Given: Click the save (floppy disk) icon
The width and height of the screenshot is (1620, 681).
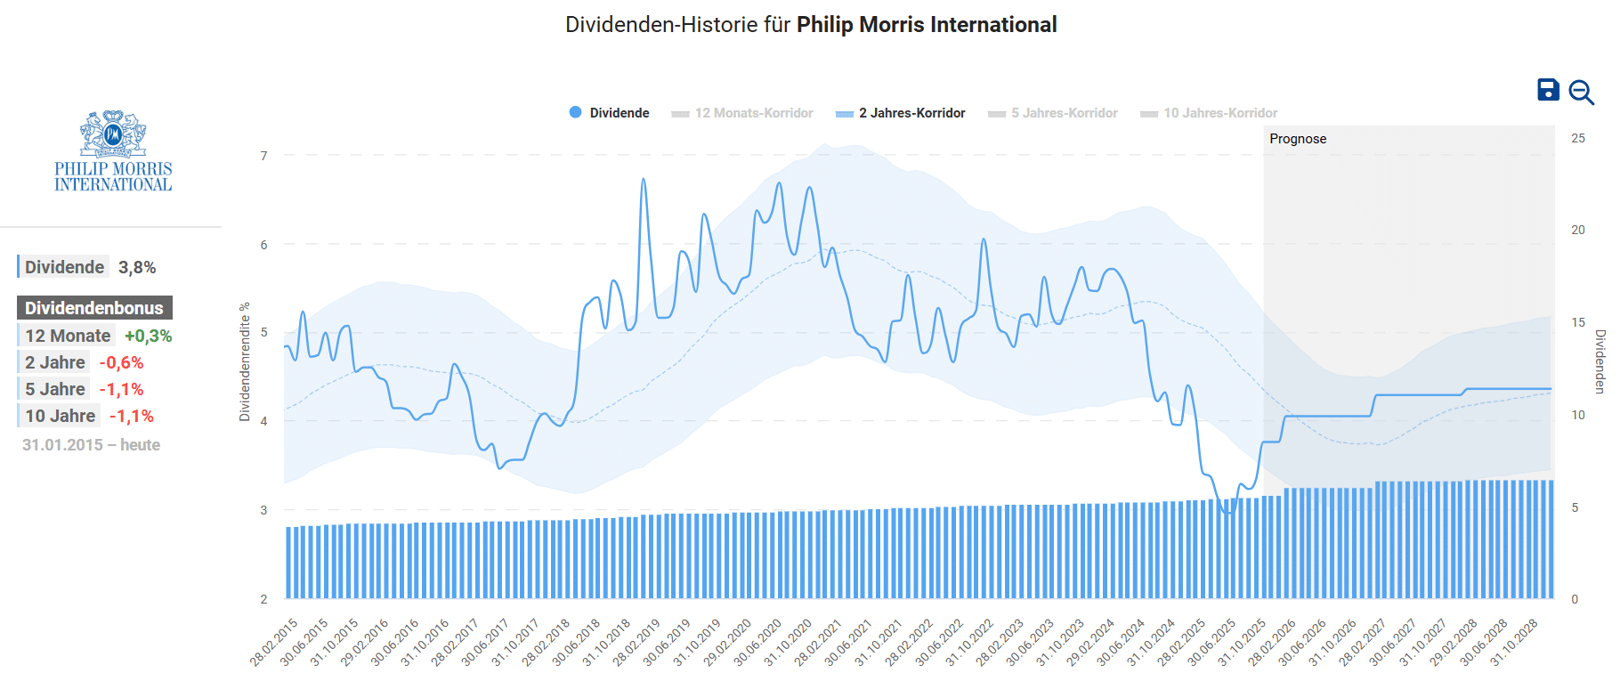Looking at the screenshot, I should (1548, 90).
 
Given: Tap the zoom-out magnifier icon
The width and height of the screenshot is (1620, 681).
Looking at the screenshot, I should (1581, 92).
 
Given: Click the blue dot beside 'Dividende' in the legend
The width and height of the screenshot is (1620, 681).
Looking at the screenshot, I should (575, 112).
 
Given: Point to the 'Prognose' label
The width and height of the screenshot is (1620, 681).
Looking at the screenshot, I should (1298, 139).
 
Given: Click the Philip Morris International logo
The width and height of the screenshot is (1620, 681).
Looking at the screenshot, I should (113, 151).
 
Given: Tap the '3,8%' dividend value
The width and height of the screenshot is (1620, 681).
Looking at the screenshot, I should (137, 267).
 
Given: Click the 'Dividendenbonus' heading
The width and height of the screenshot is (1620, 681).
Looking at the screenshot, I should (94, 308).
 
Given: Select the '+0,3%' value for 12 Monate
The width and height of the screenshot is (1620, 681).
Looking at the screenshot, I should (148, 336).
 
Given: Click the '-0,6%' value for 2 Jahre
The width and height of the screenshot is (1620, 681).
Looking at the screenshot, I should (121, 362).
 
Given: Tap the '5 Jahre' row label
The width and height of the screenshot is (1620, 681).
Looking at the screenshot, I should (55, 389).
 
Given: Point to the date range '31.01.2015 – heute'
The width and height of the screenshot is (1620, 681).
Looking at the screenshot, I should (91, 445).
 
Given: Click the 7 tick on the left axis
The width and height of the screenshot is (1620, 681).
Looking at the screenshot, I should (263, 156).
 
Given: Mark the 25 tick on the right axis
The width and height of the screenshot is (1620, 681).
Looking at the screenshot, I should (1578, 138).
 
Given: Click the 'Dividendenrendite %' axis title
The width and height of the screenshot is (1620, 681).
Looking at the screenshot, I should (245, 361).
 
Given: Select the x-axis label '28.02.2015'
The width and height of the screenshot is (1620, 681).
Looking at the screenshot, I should (274, 642).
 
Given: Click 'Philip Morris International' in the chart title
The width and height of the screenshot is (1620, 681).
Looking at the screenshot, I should (927, 25).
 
